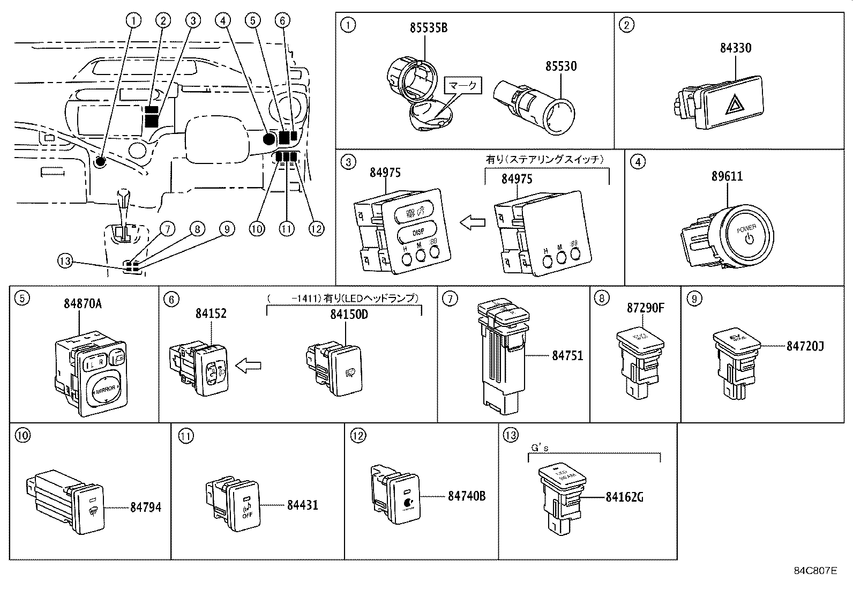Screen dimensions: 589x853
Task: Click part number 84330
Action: pyautogui.click(x=735, y=48)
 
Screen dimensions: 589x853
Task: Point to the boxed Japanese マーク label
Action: pyautogui.click(x=463, y=85)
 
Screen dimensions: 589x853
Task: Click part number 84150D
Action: pyautogui.click(x=348, y=314)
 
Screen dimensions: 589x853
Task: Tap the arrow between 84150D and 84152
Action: pyautogui.click(x=249, y=366)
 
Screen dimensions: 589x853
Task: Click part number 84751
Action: pyautogui.click(x=567, y=355)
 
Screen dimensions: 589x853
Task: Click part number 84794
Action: pyautogui.click(x=145, y=507)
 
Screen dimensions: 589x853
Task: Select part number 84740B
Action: pyautogui.click(x=467, y=496)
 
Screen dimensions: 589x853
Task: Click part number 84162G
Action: pyautogui.click(x=625, y=497)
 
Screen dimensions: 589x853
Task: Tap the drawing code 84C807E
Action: pyautogui.click(x=814, y=570)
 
